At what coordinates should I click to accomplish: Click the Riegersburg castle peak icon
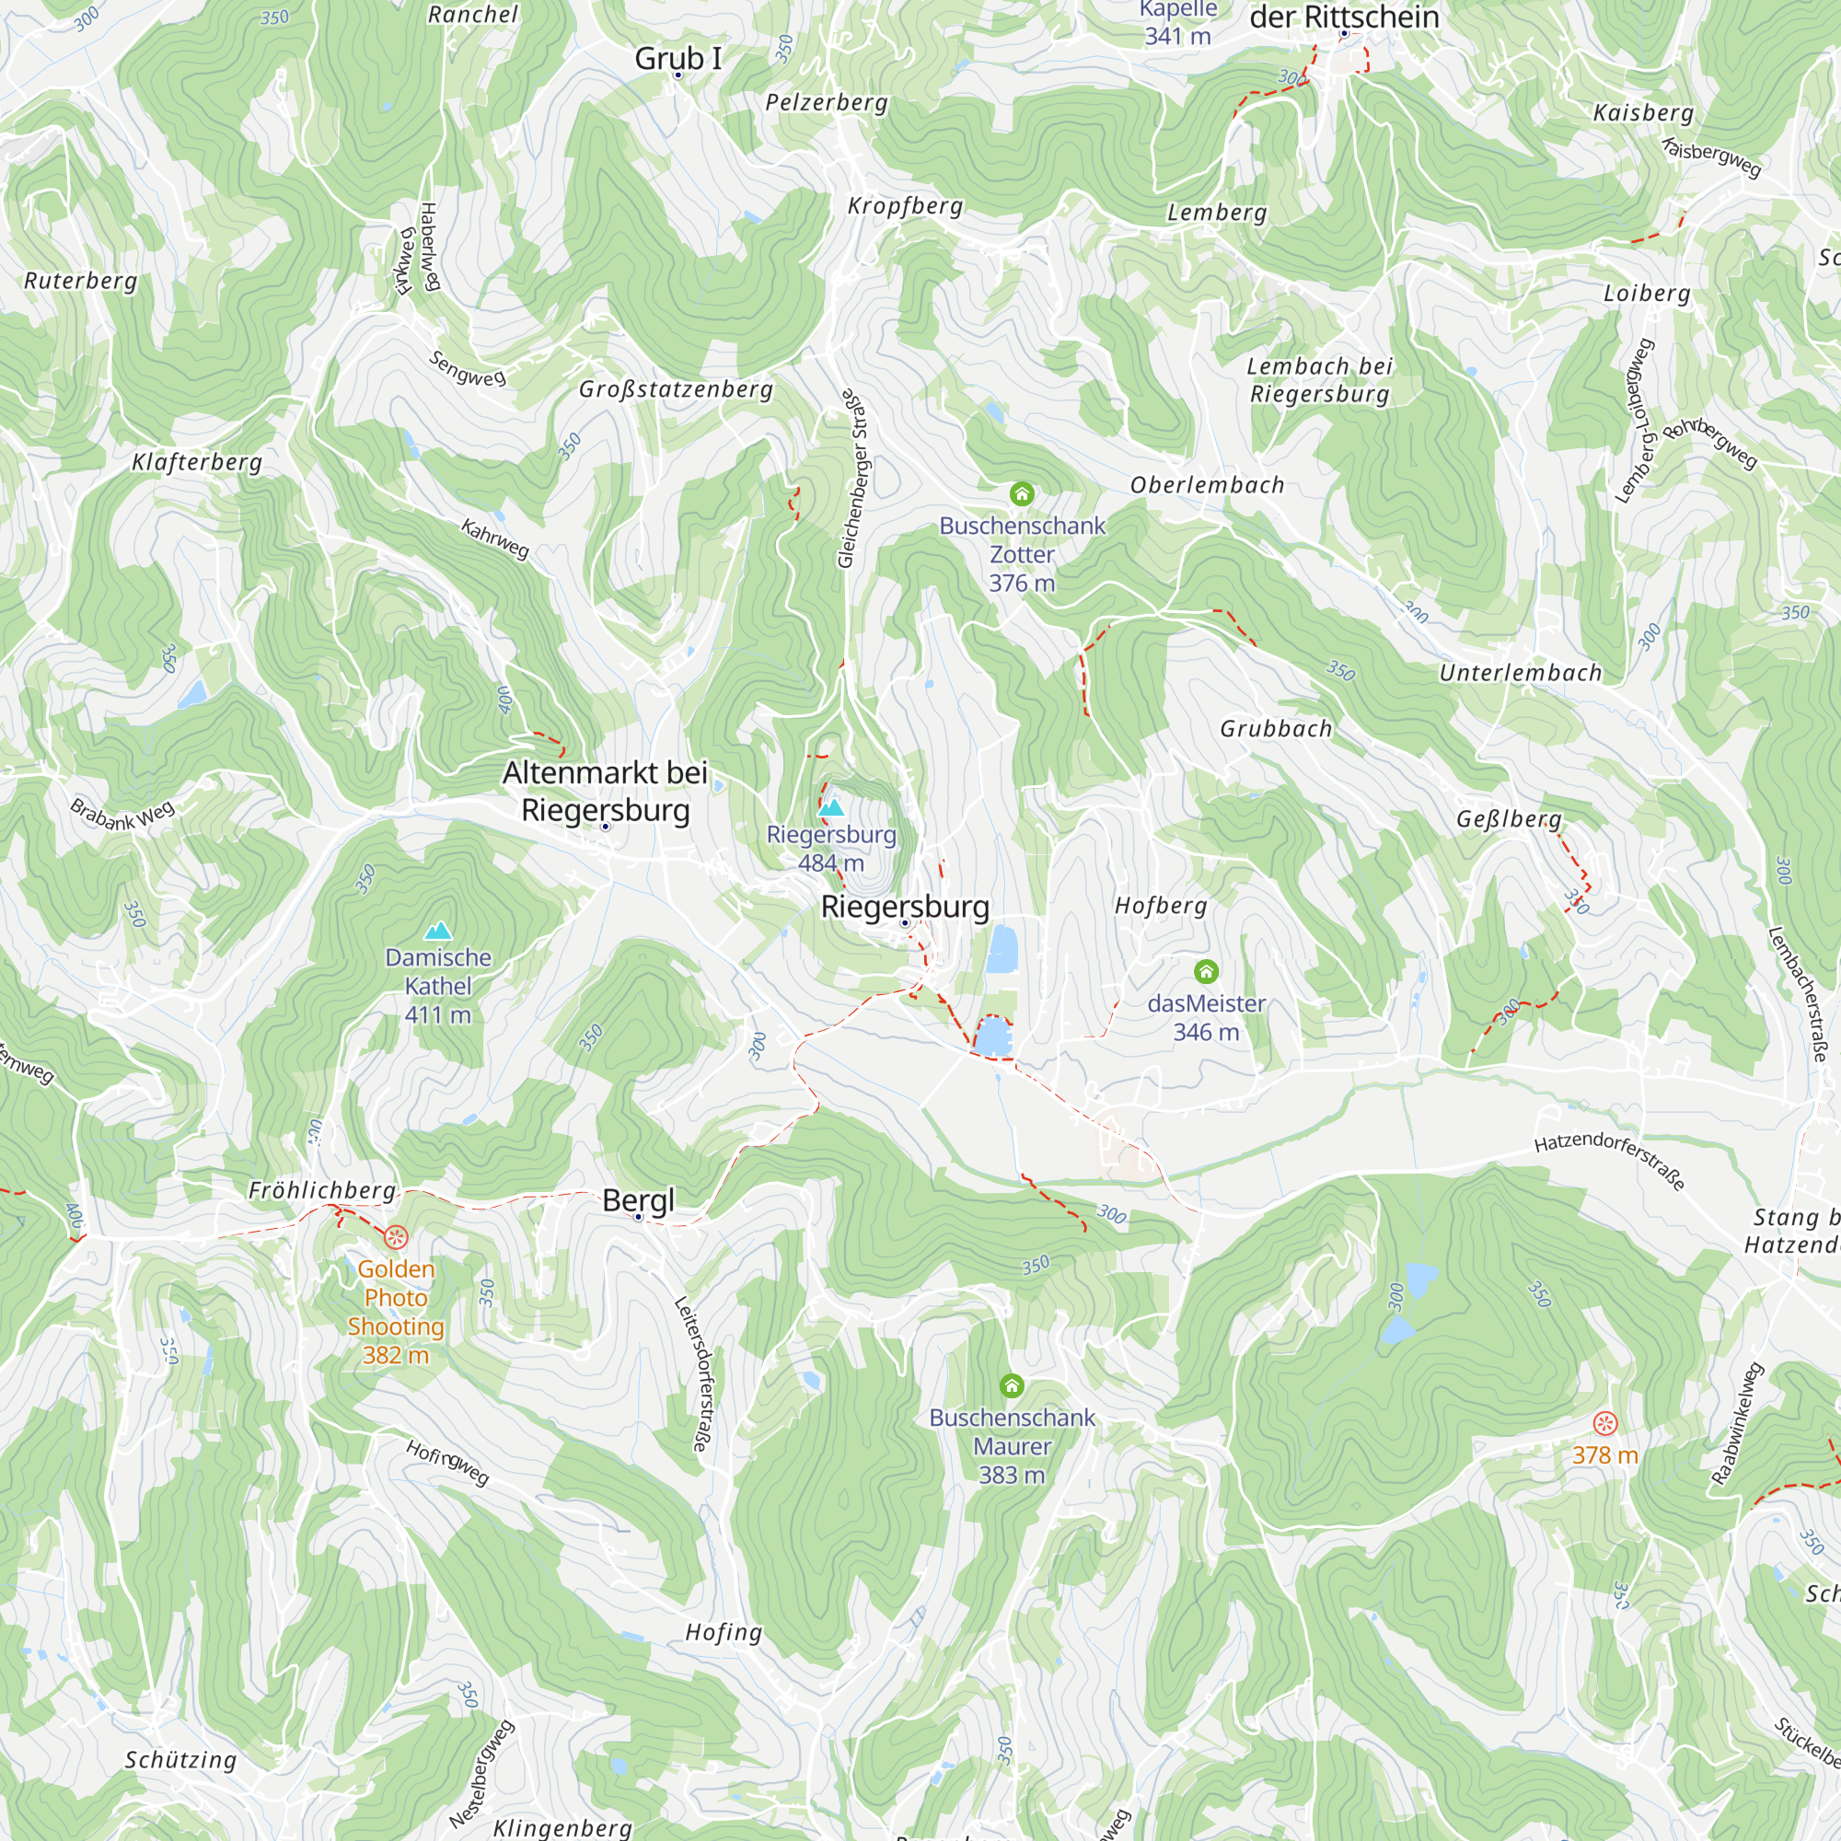832,808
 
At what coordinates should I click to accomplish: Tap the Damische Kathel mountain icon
438,930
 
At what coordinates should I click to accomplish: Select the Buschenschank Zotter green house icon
1022,493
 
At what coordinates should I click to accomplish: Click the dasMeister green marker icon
1206,971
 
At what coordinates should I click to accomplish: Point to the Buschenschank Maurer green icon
1011,1384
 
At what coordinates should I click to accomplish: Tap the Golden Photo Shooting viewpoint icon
397,1238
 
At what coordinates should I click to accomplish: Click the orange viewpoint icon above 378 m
1604,1424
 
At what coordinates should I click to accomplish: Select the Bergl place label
639,1199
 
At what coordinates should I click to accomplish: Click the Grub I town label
677,58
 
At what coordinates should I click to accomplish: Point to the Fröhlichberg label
322,1190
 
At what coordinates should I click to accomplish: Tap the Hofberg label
1161,905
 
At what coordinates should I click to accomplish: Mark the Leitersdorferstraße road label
692,1373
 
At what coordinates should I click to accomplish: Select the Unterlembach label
1520,673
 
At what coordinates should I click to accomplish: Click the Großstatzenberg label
676,388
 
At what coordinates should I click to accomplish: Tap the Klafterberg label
196,462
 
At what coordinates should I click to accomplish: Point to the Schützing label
181,1760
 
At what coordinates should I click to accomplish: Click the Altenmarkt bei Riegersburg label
605,791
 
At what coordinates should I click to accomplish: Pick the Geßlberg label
1509,819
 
